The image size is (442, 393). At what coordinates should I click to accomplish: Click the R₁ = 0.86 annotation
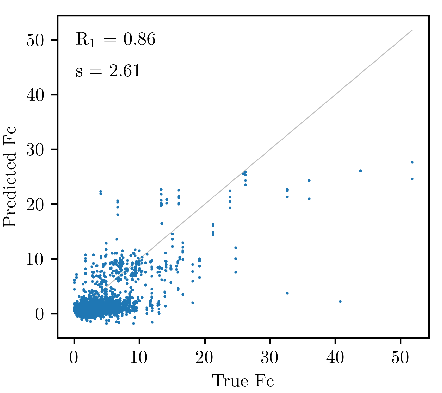(115, 40)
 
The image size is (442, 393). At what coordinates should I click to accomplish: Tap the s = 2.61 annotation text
(108, 71)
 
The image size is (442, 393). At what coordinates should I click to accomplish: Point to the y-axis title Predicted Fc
(9, 177)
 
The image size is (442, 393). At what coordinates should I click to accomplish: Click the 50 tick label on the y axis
(35, 40)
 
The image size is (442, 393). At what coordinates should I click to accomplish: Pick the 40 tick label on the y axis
(35, 95)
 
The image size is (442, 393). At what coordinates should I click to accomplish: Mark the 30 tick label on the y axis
(35, 150)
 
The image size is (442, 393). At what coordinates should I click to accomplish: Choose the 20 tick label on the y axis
(35, 204)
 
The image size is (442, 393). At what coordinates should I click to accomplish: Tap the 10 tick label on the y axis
(35, 259)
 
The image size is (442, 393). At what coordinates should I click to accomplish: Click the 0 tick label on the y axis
(40, 314)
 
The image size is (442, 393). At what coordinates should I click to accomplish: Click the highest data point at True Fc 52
(412, 162)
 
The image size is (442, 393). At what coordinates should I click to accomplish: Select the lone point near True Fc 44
(360, 171)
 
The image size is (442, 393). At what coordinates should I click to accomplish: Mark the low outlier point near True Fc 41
(340, 301)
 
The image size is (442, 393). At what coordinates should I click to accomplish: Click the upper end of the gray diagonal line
(412, 30)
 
